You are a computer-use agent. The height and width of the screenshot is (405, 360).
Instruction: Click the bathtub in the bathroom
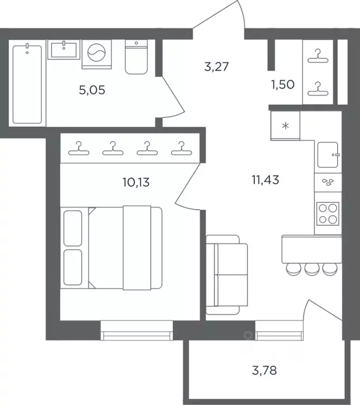[27, 83]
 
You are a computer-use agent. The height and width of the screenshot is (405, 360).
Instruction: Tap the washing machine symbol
[96, 54]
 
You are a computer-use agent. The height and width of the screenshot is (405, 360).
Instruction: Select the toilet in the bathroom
[136, 57]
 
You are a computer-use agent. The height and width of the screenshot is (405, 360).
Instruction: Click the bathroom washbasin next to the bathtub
[63, 50]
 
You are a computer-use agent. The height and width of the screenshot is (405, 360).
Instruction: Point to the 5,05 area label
[92, 90]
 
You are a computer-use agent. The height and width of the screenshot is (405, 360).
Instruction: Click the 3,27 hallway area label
[216, 67]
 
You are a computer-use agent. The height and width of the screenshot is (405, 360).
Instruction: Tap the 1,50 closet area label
[283, 84]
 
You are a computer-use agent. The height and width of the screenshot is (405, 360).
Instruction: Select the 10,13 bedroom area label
[136, 182]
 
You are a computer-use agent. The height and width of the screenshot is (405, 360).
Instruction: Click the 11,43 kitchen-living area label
[265, 180]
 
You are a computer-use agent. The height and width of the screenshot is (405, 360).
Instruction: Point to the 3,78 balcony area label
[264, 370]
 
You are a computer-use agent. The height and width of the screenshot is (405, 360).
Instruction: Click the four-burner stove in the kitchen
[328, 214]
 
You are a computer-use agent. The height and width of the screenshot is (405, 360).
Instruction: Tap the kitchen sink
[328, 155]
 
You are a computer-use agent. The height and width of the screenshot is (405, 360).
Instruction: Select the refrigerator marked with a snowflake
[285, 126]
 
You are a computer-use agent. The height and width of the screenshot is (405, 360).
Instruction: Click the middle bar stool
[312, 269]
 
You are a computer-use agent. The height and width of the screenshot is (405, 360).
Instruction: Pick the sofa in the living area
[227, 275]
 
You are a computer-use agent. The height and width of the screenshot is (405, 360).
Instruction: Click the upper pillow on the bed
[72, 228]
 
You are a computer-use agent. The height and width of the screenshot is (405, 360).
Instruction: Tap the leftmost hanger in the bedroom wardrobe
[79, 148]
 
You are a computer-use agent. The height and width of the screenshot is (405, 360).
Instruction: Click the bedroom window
[136, 331]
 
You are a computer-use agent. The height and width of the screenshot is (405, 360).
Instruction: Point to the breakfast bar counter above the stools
[312, 249]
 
